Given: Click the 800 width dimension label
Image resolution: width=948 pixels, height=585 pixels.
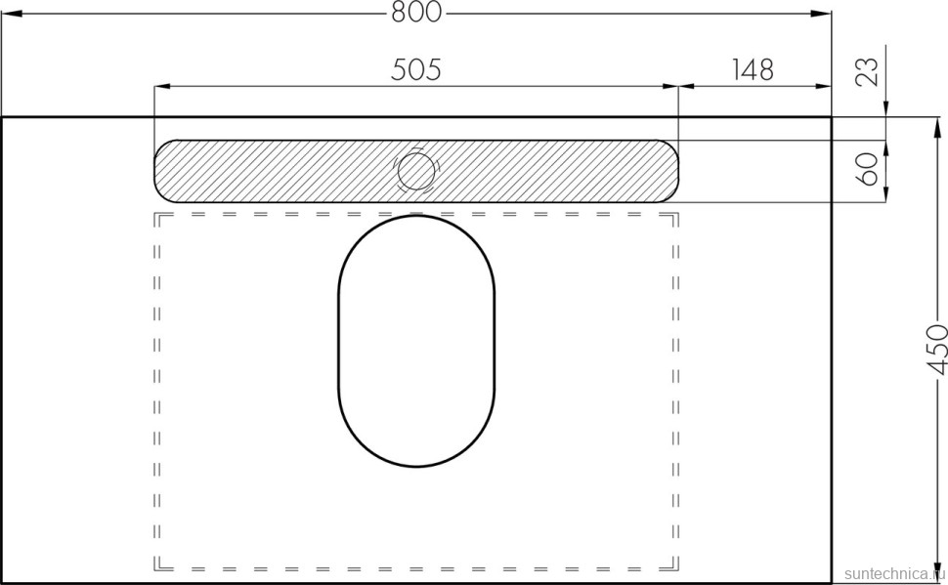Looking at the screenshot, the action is tap(416, 12).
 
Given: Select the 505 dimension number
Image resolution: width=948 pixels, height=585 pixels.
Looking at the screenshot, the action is tap(416, 69).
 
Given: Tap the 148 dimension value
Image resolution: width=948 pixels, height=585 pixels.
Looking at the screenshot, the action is tap(753, 69).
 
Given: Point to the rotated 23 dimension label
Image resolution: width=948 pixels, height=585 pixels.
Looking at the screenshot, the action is tap(868, 71).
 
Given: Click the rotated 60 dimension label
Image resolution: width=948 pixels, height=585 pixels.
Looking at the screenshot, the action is tap(868, 170).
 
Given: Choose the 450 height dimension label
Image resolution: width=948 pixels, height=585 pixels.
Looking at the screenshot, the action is tap(936, 350).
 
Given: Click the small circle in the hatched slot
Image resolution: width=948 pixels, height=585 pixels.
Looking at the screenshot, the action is tap(415, 171).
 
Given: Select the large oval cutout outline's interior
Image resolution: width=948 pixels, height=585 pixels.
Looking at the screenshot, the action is tap(416, 341).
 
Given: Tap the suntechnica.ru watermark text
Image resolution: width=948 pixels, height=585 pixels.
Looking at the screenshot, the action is tap(895, 573).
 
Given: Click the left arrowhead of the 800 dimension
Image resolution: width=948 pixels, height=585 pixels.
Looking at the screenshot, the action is tap(11, 14).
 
